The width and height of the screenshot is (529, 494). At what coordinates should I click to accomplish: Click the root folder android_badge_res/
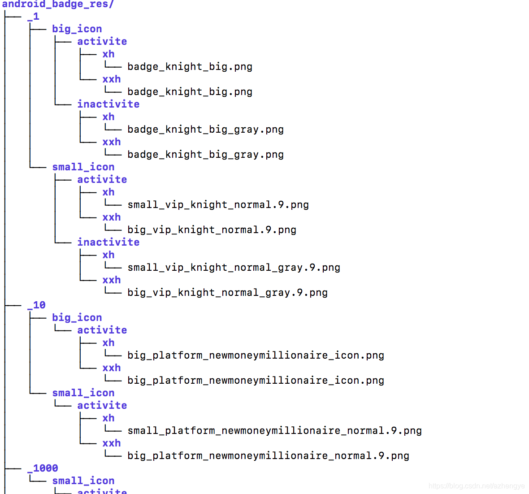pyautogui.click(x=58, y=4)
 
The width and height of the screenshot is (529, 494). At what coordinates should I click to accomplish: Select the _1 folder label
pyautogui.click(x=33, y=17)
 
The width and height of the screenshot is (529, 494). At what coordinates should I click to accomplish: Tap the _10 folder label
pyautogui.click(x=36, y=305)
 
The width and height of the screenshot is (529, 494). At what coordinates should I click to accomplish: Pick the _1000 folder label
pyautogui.click(x=43, y=468)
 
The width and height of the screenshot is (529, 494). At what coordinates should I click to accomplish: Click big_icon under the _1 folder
pyautogui.click(x=77, y=29)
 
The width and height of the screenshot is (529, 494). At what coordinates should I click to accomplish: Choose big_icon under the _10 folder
pyautogui.click(x=77, y=318)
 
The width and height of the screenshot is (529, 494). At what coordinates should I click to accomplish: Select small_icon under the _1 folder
pyautogui.click(x=83, y=167)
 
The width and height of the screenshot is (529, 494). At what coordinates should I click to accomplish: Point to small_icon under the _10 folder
pyautogui.click(x=83, y=393)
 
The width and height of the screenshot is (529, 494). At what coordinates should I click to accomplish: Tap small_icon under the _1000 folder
pyautogui.click(x=83, y=481)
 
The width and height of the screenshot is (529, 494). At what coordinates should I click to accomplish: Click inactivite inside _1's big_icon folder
pyautogui.click(x=108, y=104)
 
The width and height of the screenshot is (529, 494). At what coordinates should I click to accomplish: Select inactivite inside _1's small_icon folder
pyautogui.click(x=108, y=243)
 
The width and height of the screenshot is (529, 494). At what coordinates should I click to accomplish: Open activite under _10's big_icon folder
pyautogui.click(x=102, y=330)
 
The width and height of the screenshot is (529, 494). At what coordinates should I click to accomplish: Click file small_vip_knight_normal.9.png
pyautogui.click(x=218, y=205)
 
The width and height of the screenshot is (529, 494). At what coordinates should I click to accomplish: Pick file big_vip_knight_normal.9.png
pyautogui.click(x=212, y=230)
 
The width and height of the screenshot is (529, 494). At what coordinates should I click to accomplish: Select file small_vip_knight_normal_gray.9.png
pyautogui.click(x=234, y=268)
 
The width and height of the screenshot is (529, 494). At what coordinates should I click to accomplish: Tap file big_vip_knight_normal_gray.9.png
pyautogui.click(x=227, y=293)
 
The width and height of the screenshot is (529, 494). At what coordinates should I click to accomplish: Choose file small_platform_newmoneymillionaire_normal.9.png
pyautogui.click(x=274, y=431)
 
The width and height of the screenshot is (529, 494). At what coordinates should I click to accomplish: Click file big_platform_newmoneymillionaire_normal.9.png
pyautogui.click(x=268, y=456)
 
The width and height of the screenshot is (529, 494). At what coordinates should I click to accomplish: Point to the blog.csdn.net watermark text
pyautogui.click(x=476, y=486)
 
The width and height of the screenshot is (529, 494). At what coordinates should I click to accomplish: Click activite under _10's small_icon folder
pyautogui.click(x=102, y=406)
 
